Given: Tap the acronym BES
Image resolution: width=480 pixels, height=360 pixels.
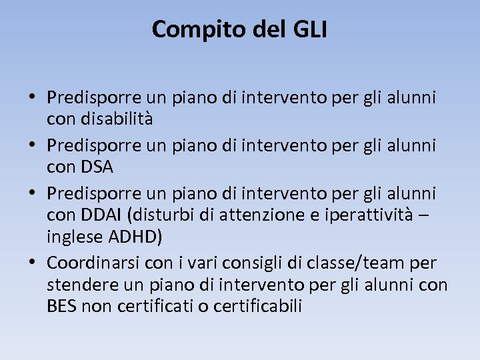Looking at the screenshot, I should pyautogui.click(x=61, y=306).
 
